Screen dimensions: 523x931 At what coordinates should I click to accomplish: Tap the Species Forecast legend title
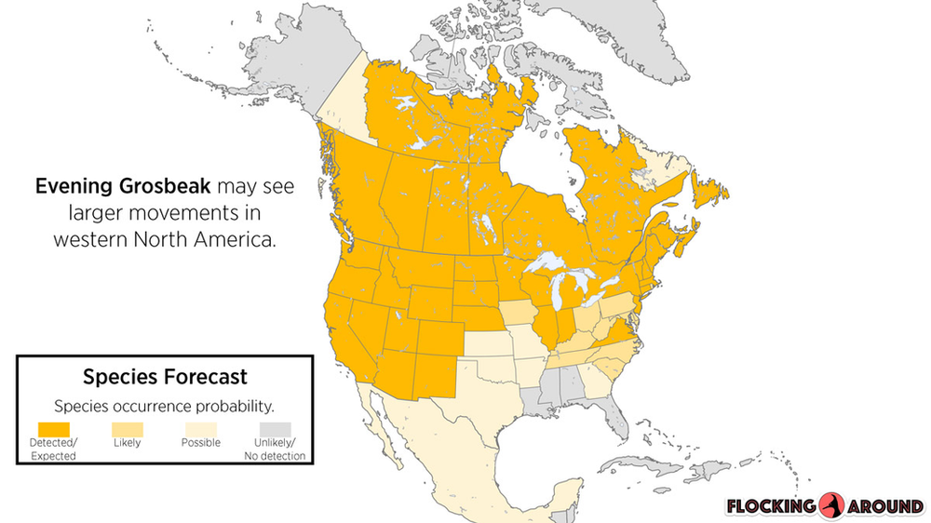click(165, 377)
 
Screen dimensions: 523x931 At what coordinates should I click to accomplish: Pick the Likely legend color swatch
click(127, 427)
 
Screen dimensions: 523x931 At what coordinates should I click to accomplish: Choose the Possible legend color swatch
click(200, 427)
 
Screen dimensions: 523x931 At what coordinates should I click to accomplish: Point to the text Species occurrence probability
click(165, 406)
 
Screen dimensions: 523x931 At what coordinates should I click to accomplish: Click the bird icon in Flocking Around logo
click(832, 506)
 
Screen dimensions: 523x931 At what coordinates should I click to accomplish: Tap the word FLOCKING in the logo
click(772, 507)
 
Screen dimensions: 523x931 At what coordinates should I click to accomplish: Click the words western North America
click(165, 238)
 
